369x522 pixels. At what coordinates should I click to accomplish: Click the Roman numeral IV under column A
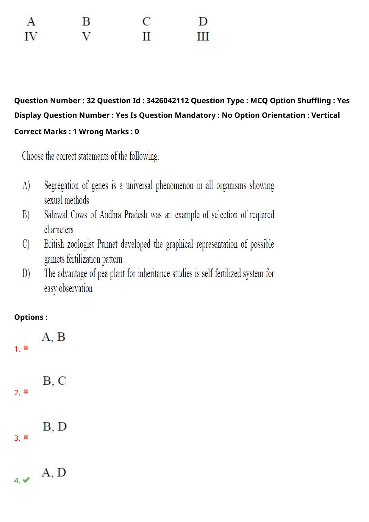[31, 37]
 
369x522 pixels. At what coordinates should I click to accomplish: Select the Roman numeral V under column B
[86, 37]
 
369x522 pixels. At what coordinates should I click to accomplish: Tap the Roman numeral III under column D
[203, 37]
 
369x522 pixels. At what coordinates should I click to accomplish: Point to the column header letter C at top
[146, 21]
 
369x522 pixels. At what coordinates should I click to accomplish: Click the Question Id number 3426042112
[168, 101]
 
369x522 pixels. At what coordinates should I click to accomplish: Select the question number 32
[91, 101]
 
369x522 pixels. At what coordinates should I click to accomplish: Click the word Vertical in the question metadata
[325, 115]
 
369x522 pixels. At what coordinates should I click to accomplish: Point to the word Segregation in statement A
[62, 186]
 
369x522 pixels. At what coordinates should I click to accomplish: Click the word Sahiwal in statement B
[56, 215]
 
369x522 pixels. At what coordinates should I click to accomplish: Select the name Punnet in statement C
[107, 244]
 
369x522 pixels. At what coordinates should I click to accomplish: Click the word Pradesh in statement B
[136, 215]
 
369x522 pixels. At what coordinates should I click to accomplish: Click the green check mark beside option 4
[26, 480]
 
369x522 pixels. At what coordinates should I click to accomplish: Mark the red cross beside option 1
[26, 348]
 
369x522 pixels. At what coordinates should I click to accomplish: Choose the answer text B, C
[54, 381]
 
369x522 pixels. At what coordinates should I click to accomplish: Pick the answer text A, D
[54, 472]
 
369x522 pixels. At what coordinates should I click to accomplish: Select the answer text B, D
[54, 427]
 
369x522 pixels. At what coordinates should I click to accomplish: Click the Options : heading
[31, 317]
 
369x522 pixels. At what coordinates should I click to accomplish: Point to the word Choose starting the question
[33, 156]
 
